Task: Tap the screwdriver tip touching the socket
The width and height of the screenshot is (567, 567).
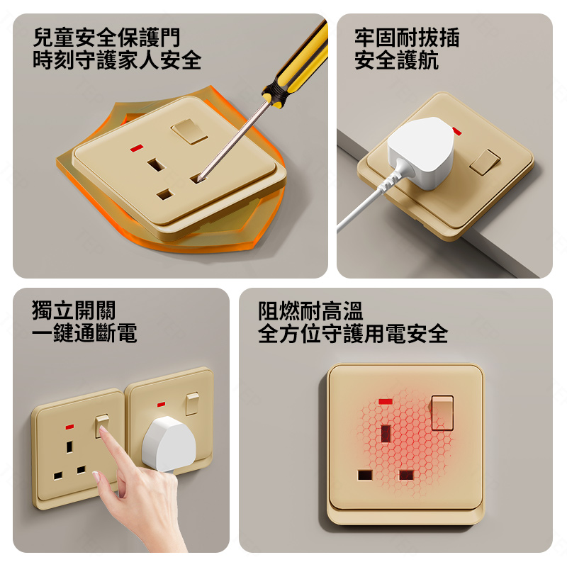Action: (199, 179)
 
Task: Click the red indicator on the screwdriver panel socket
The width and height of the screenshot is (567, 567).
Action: (137, 148)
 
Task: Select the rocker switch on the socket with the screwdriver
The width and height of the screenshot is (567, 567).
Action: (189, 132)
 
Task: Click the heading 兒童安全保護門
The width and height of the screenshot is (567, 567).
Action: (106, 38)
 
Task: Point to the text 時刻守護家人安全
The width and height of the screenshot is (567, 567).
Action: (117, 60)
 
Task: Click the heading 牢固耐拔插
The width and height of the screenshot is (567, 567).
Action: (407, 38)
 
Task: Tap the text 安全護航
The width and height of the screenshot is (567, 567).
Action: (396, 60)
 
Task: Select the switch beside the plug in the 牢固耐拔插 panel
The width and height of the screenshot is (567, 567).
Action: (485, 162)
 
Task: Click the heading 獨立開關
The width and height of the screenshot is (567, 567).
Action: (74, 310)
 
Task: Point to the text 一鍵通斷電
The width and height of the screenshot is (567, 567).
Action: (84, 332)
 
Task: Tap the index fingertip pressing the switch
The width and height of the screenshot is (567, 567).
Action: (103, 430)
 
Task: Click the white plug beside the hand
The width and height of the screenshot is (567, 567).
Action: (169, 444)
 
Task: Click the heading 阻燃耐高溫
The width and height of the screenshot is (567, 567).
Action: (310, 311)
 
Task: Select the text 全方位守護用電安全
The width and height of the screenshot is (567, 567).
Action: (353, 333)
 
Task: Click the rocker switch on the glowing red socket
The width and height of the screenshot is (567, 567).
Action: (442, 412)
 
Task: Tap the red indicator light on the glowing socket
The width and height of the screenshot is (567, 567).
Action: (386, 401)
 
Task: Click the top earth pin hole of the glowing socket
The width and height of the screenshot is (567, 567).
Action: (386, 434)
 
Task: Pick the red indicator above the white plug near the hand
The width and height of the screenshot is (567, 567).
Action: (162, 404)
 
